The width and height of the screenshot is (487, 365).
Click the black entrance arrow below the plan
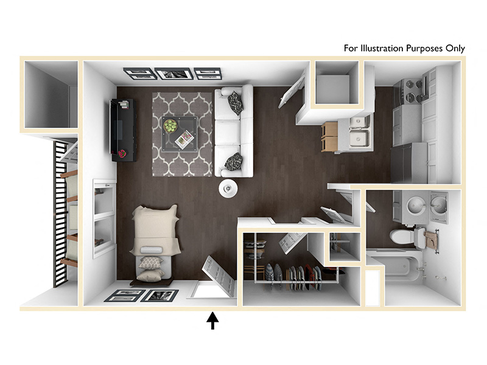coord(212,321)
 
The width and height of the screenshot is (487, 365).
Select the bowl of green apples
coord(170,126)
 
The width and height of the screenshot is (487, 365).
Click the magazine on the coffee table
coord(184,139)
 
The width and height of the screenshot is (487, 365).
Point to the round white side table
coord(228,189)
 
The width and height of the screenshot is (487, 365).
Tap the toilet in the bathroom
coord(407,237)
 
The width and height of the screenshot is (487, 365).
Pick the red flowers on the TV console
coord(122,153)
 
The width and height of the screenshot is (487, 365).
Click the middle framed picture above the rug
coord(174,74)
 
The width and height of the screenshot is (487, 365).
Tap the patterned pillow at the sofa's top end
coord(235,103)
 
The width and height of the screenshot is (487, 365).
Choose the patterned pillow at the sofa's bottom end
coord(233,162)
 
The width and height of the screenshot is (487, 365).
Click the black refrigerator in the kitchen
coord(408,162)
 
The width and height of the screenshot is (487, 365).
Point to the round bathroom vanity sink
coord(416,206)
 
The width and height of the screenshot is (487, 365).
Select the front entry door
coord(219,276)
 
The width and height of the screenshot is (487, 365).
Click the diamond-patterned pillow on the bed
coord(150,263)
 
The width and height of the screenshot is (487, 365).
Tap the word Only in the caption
coord(455,49)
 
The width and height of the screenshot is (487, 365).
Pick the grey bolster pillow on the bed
coord(151,250)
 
